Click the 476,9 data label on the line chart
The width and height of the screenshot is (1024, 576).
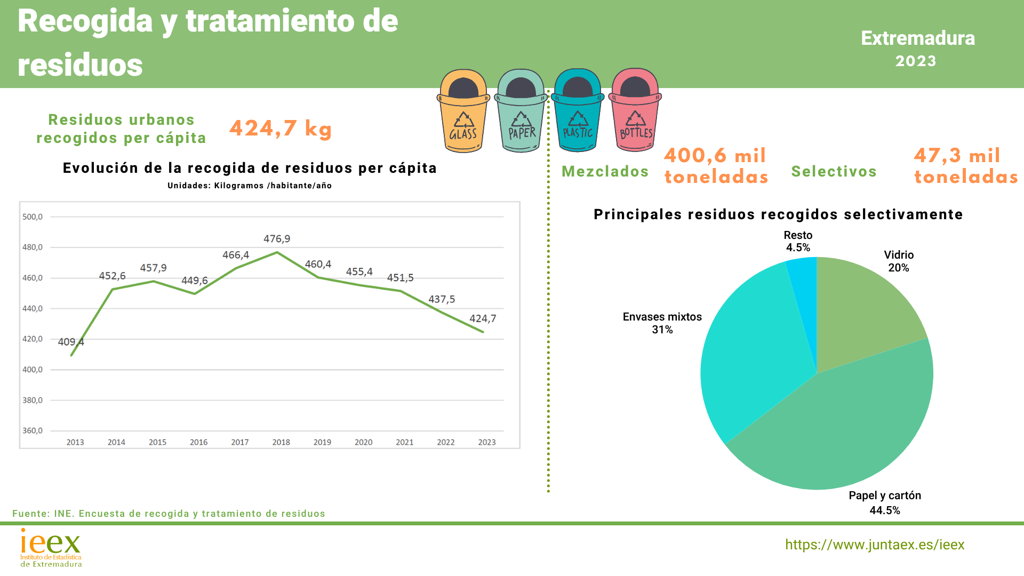pos(277,239)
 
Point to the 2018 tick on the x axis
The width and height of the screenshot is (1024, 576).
pos(281,442)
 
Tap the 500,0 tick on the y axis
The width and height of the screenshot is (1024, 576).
pos(33,217)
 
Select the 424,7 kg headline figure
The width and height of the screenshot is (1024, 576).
pos(281,129)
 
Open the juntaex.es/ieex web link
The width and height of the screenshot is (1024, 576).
pos(875,545)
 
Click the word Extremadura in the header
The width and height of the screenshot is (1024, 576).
pos(918,38)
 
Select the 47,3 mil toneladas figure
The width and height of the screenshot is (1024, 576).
pos(965,166)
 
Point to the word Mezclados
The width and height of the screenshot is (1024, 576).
pos(605,171)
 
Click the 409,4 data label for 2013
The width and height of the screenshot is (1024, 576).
pos(70,342)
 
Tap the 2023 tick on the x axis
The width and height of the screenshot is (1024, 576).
pos(487,442)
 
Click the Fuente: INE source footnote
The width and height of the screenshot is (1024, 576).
pos(169,514)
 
